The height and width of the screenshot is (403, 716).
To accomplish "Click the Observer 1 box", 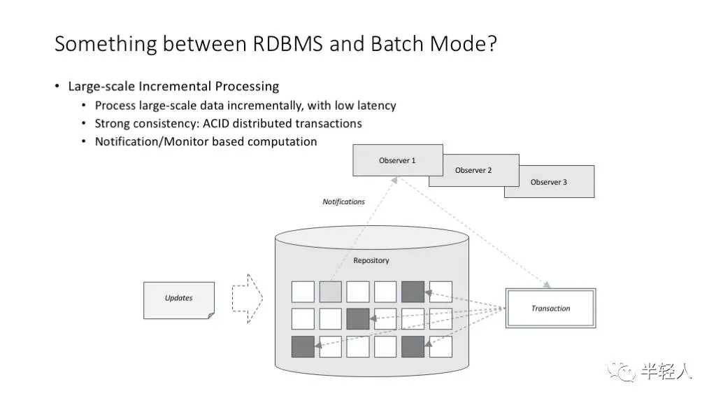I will (397, 160).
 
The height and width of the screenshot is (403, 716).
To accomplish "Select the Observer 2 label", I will (473, 171).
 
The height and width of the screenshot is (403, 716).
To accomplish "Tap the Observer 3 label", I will (549, 182).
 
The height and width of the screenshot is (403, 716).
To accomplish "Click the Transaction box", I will (550, 309).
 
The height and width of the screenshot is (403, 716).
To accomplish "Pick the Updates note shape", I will (179, 299).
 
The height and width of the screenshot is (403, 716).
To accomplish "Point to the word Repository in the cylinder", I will (371, 261).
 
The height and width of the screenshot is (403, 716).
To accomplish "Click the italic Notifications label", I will (343, 201).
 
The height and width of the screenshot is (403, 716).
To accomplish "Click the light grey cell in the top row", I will (330, 292).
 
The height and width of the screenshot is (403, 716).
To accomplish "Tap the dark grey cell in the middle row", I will (357, 318).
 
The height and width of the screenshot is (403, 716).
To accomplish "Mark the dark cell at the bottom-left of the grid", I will (303, 346).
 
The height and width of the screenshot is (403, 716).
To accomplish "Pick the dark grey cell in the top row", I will (413, 292).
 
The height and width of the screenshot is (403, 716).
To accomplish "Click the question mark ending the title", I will (492, 44).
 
